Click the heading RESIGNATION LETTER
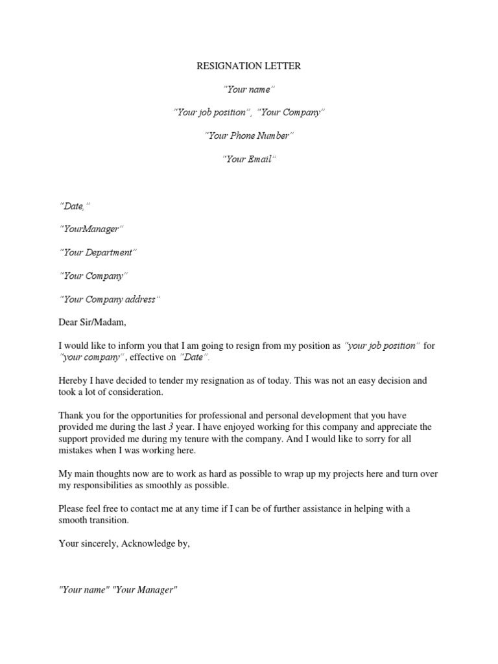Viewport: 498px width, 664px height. pyautogui.click(x=249, y=65)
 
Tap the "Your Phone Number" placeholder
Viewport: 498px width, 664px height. pyautogui.click(x=249, y=136)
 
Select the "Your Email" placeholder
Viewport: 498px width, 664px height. pyautogui.click(x=249, y=159)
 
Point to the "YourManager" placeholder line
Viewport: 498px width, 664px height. pyautogui.click(x=91, y=229)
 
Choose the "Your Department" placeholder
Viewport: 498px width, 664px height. pyautogui.click(x=99, y=252)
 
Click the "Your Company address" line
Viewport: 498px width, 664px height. pyautogui.click(x=109, y=299)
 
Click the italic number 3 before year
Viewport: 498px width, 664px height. pyautogui.click(x=171, y=427)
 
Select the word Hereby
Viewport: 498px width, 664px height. pyautogui.click(x=73, y=381)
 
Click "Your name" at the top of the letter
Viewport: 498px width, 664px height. pyautogui.click(x=249, y=89)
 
